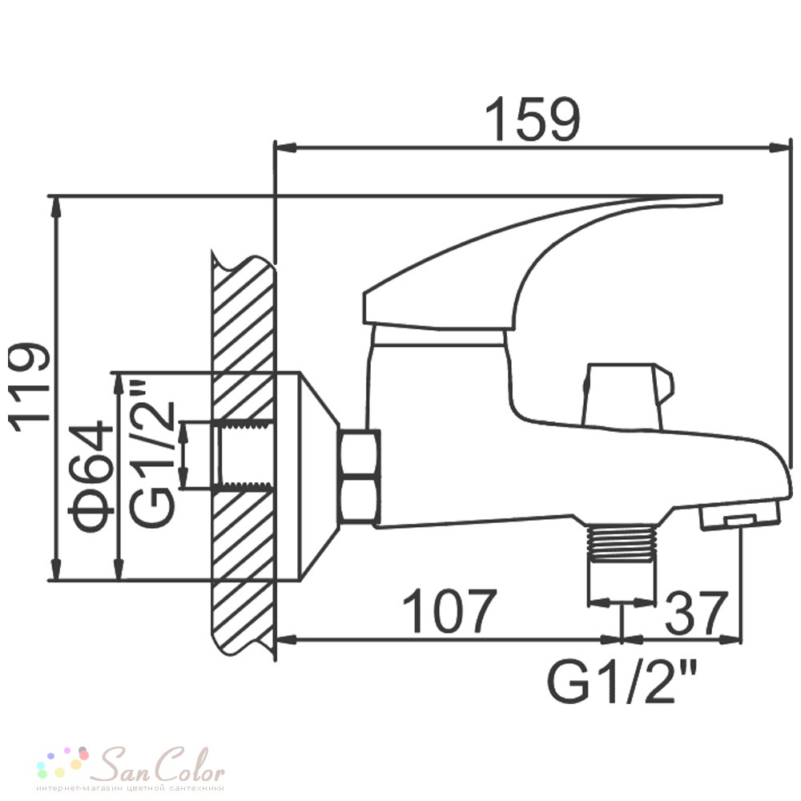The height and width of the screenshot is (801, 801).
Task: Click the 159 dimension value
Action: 532,120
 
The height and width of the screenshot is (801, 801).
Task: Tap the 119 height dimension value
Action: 30,387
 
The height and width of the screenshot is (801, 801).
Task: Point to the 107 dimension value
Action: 449,611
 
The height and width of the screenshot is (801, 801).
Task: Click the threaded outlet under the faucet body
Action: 622,545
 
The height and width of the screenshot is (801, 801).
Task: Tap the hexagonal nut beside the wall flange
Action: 359,477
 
